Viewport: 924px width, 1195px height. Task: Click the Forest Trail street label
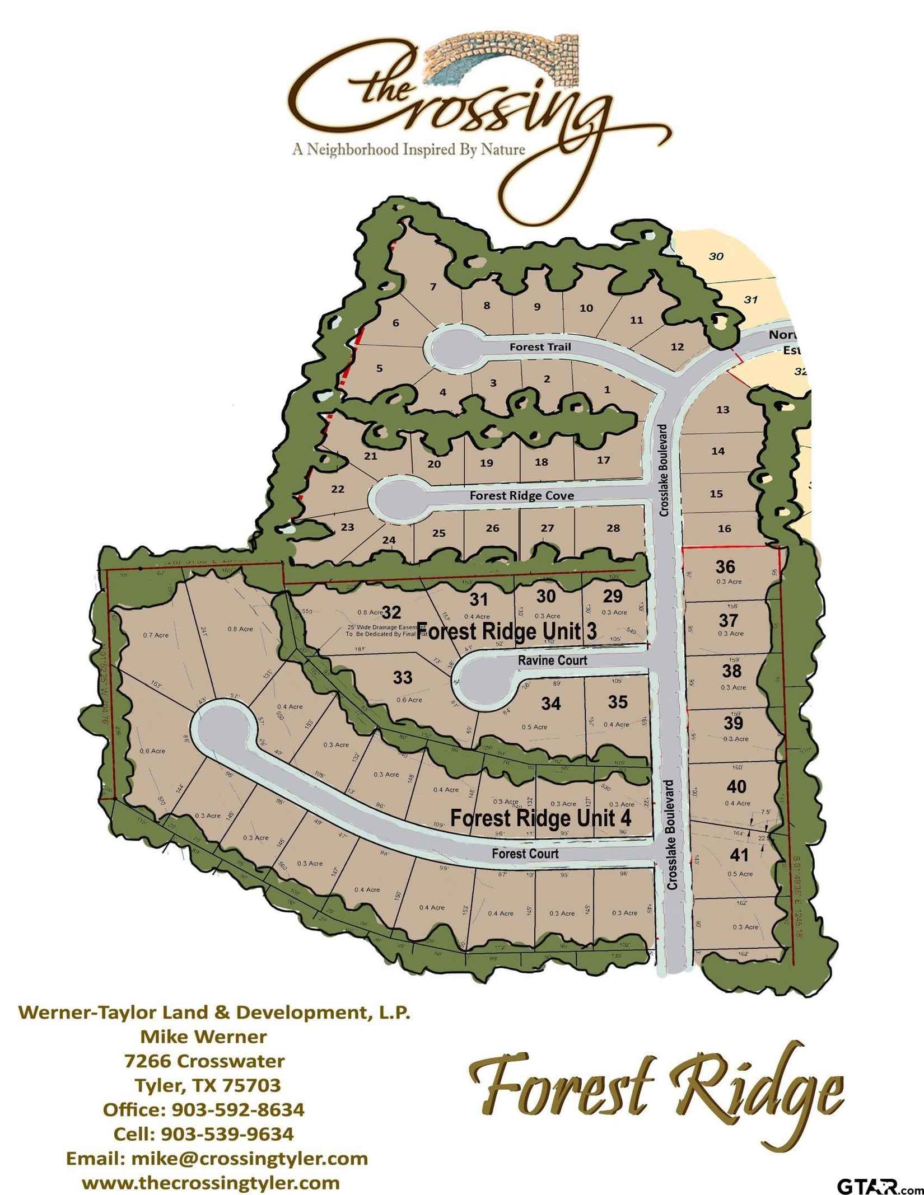click(x=540, y=347)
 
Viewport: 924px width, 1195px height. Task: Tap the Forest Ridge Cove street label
click(x=521, y=496)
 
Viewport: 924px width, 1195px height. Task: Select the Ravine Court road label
click(x=552, y=660)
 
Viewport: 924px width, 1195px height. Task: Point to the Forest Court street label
click(x=525, y=854)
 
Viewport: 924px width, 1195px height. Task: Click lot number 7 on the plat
click(x=433, y=287)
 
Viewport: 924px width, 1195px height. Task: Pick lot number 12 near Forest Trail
click(x=677, y=346)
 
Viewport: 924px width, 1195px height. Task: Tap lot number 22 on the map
click(x=338, y=489)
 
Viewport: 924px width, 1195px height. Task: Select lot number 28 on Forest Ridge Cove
click(x=613, y=528)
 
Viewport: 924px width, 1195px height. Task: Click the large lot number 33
click(x=403, y=678)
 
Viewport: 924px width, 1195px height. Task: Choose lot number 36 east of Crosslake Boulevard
click(x=725, y=566)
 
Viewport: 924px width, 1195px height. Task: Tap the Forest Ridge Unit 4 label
click(x=541, y=818)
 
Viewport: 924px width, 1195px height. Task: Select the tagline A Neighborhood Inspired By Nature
click(x=407, y=150)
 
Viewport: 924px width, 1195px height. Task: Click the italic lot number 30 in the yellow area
click(x=716, y=256)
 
